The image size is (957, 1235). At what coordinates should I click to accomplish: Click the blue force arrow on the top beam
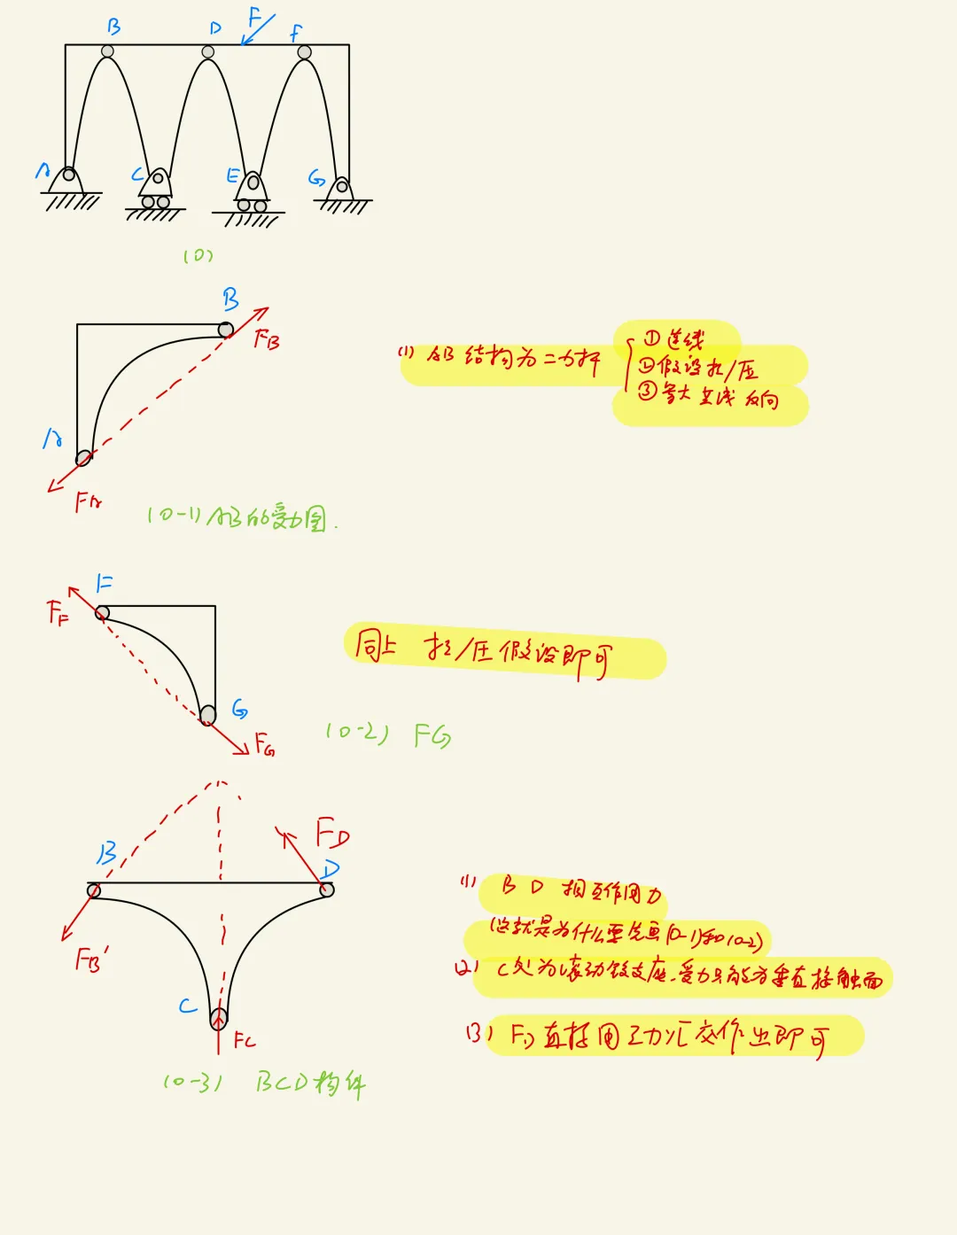(x=258, y=29)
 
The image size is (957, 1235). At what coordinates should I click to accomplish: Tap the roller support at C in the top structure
(x=157, y=191)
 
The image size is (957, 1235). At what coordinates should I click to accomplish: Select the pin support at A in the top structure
(x=66, y=182)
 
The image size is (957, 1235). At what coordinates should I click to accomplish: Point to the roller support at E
(x=253, y=194)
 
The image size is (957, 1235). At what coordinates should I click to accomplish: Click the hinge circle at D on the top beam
(x=208, y=52)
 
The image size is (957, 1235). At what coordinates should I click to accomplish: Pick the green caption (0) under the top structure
(x=198, y=256)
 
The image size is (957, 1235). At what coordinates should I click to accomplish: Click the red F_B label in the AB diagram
(x=267, y=338)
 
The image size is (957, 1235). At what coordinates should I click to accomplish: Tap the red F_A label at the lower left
(x=88, y=503)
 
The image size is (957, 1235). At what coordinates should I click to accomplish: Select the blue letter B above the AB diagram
(x=230, y=299)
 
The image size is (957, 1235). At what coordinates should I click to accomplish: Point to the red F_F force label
(x=58, y=611)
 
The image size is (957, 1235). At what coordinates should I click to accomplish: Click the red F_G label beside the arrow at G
(x=264, y=743)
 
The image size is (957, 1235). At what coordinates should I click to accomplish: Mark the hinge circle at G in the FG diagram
(x=207, y=714)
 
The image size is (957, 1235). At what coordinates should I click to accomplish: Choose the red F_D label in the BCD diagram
(x=332, y=834)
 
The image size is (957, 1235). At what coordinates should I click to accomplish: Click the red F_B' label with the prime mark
(x=91, y=959)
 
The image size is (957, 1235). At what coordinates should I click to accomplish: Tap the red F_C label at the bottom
(x=245, y=1040)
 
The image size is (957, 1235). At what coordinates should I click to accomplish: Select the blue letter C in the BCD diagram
(x=188, y=1006)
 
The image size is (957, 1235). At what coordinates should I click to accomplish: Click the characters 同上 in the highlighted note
(x=375, y=645)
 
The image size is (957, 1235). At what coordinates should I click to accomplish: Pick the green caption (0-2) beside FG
(x=356, y=733)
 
